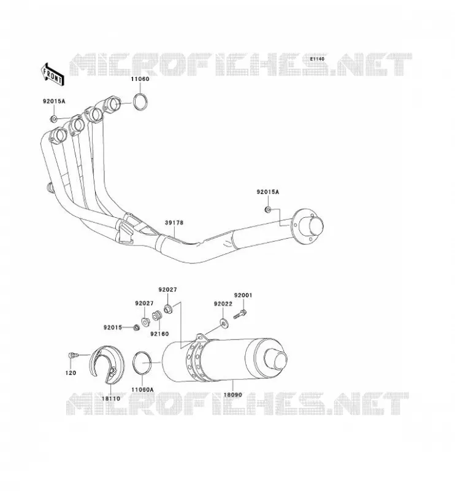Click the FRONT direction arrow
click(52, 74)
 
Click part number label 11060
click(140, 79)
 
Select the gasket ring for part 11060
click(140, 101)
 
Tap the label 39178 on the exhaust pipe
click(174, 223)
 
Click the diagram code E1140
click(317, 59)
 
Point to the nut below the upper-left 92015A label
click(53, 119)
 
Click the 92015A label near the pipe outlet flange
click(267, 192)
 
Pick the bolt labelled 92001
click(240, 314)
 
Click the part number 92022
click(223, 304)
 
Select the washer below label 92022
click(224, 323)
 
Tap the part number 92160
click(159, 334)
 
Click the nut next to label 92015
click(136, 328)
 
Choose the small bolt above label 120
click(72, 355)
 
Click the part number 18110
click(111, 398)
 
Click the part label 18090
click(232, 395)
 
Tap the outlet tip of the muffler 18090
click(275, 359)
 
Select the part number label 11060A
click(142, 390)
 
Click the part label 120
click(71, 373)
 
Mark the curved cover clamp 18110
click(107, 365)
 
